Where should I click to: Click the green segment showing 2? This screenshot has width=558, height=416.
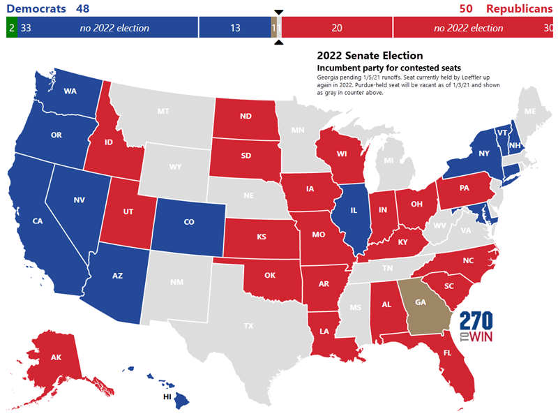point(12,28)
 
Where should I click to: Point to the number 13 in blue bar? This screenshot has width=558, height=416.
point(234,28)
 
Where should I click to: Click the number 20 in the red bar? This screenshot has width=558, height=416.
point(337,28)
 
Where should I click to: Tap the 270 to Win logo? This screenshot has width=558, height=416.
point(476,327)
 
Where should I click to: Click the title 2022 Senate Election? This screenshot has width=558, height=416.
point(370,55)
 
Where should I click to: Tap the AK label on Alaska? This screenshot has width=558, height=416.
point(55,358)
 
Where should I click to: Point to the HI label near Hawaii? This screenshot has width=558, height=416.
point(167,396)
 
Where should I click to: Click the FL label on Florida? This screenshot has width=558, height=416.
point(446,353)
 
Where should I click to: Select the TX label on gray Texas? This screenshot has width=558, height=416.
point(248,326)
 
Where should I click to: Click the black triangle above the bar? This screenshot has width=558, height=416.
point(279,12)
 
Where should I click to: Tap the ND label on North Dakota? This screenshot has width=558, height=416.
point(246,117)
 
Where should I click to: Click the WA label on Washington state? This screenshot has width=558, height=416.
point(70,91)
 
